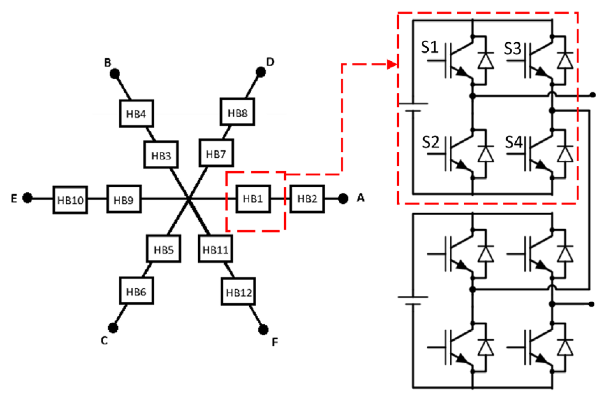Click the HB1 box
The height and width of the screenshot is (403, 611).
tap(253, 199)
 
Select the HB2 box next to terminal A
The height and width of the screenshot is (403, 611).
tap(307, 199)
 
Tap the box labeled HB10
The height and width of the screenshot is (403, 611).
tap(70, 200)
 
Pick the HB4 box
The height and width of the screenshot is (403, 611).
tap(136, 114)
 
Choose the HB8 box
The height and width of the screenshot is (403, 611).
tap(237, 112)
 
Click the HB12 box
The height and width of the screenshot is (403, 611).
tap(238, 292)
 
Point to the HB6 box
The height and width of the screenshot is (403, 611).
tap(136, 291)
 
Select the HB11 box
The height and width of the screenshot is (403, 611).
tap(215, 249)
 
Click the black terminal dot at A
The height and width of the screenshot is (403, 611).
tap(343, 199)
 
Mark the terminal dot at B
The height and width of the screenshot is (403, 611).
tap(115, 74)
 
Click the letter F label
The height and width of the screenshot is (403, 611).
tap(275, 342)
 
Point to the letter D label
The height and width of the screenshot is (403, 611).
tap(270, 62)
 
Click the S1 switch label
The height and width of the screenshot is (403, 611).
tap(429, 47)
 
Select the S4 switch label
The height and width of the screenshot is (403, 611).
tap(514, 142)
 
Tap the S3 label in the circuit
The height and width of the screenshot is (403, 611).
tap(513, 49)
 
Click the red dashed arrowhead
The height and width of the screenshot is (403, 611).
tap(392, 64)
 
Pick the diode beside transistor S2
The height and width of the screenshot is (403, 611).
tap(485, 154)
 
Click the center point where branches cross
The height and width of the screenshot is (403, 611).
tap(189, 199)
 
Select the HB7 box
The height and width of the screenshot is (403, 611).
tap(216, 153)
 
